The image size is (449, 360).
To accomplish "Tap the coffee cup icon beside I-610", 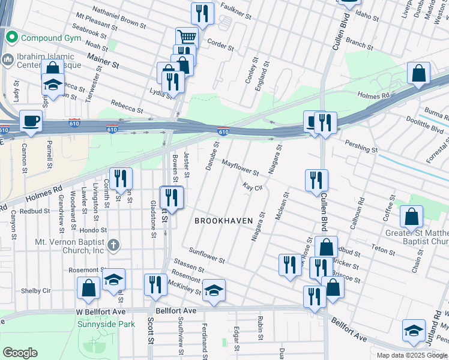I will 31,121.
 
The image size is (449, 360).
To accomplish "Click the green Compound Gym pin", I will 10,38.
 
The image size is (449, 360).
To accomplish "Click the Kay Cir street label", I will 253,187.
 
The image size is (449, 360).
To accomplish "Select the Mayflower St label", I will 240,167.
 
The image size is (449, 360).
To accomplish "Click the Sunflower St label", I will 206,255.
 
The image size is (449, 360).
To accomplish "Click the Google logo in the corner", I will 20,352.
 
